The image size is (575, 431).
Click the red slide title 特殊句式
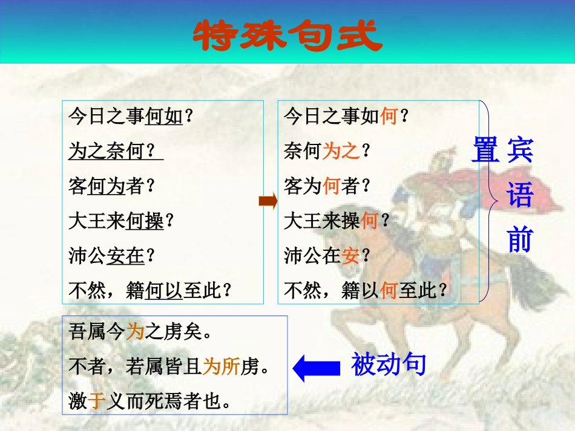(287, 36)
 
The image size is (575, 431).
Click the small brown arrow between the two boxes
(268, 201)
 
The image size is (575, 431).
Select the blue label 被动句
(389, 365)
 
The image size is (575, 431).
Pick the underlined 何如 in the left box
(164, 116)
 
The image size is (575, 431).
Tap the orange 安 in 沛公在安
(350, 256)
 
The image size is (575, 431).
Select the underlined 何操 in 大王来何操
(145, 221)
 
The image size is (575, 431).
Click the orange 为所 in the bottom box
(221, 367)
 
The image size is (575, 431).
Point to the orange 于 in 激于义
(97, 402)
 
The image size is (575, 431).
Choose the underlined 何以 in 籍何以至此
(163, 291)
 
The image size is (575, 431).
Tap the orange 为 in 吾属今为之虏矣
(134, 332)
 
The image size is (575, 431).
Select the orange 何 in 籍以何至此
(389, 291)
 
